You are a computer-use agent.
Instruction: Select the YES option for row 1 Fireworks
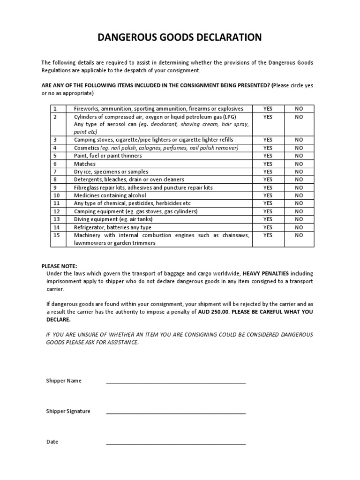tap(268, 109)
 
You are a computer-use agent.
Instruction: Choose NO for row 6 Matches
tap(299, 164)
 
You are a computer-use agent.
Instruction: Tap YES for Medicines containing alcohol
tap(268, 195)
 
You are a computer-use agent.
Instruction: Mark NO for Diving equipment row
tap(299, 219)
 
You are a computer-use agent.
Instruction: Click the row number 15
tap(57, 235)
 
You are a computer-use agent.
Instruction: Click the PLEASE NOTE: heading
tap(59, 266)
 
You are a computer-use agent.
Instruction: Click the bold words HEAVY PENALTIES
tap(266, 273)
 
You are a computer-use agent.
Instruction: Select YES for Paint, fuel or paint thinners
tap(268, 156)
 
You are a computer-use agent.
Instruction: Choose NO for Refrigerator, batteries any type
tap(299, 227)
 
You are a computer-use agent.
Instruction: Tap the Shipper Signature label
tap(68, 412)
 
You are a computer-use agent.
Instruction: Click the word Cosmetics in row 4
tap(86, 148)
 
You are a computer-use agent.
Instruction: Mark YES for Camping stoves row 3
tap(268, 140)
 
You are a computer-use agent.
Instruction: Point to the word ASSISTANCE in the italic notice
tap(124, 342)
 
